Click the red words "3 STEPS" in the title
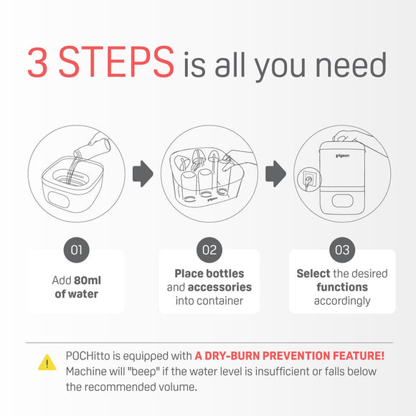pyautogui.click(x=100, y=64)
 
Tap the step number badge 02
pyautogui.click(x=208, y=250)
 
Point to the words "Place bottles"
pyautogui.click(x=209, y=273)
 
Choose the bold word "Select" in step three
pyautogui.click(x=313, y=273)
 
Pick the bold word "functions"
pyautogui.click(x=342, y=287)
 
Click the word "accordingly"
pyautogui.click(x=342, y=301)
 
